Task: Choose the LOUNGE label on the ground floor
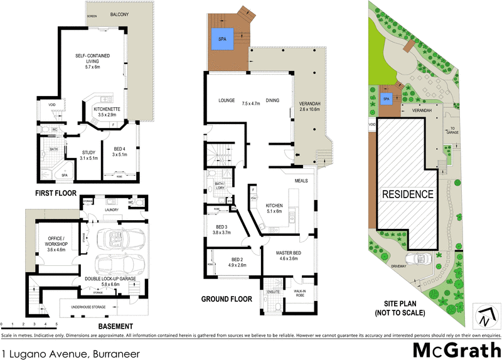[x=227, y=100]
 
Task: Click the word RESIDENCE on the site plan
[x=407, y=194]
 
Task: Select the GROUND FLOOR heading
[x=227, y=299]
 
